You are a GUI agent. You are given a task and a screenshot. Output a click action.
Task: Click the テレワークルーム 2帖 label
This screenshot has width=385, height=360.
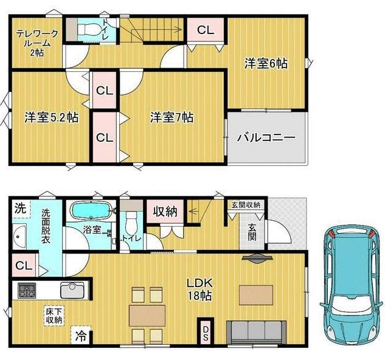click(x=37, y=43)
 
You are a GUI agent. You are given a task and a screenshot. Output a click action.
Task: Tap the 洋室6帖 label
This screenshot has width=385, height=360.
click(x=266, y=64)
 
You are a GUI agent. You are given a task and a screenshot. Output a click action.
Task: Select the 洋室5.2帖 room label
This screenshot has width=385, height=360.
click(x=52, y=117)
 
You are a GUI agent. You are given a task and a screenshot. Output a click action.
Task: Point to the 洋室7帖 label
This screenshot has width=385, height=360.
click(x=172, y=117)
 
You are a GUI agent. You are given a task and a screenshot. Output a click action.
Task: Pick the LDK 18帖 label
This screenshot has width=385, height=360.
click(x=199, y=289)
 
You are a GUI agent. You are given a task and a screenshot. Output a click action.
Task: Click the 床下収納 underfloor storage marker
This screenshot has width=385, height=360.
click(x=54, y=316)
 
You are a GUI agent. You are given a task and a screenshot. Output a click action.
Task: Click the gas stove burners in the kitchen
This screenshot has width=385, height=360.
click(x=27, y=291)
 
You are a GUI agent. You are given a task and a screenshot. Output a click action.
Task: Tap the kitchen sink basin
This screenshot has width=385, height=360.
click(x=72, y=290)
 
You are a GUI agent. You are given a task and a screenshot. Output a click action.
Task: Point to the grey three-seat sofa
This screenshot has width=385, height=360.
click(x=256, y=332)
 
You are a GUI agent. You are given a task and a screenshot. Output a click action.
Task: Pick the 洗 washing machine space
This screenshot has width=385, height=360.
click(x=21, y=209)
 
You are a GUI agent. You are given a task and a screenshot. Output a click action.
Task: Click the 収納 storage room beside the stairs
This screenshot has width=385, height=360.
click(x=165, y=211)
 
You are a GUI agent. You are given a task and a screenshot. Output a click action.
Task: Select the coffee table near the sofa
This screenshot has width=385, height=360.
click(x=256, y=295)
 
